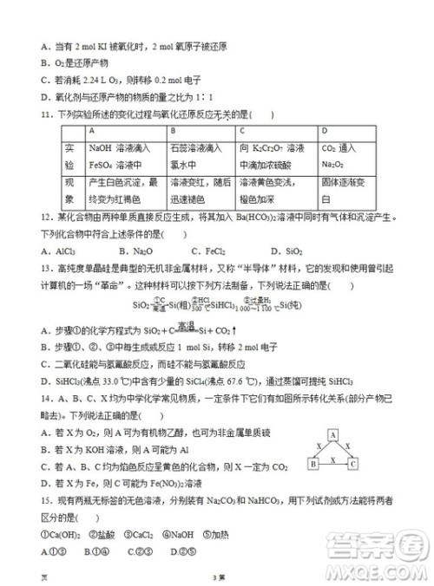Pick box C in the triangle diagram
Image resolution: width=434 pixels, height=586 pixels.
click(x=352, y=465)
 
